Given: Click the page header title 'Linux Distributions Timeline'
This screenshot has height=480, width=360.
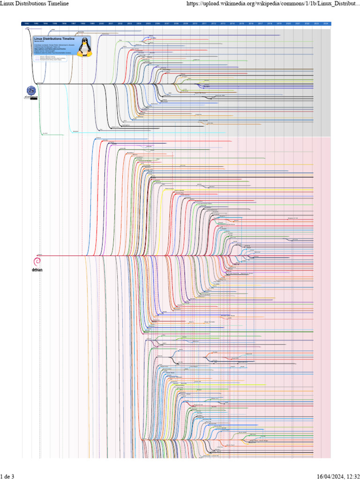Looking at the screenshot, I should (x=35, y=3).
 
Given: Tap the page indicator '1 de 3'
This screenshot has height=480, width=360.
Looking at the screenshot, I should (x=7, y=477).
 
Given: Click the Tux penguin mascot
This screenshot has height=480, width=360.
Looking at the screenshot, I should (x=84, y=47).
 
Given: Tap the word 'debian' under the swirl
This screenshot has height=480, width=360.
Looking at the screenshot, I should (x=37, y=270).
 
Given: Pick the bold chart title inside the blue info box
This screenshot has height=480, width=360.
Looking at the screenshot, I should (x=52, y=38).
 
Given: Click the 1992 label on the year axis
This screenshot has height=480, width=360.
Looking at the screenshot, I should (x=27, y=23).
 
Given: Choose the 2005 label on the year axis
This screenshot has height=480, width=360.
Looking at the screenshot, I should (x=148, y=23).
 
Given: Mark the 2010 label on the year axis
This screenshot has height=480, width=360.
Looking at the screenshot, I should (x=195, y=23).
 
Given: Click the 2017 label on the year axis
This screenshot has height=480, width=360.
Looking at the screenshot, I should (x=260, y=23).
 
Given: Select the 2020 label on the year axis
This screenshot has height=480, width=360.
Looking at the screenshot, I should (x=288, y=23).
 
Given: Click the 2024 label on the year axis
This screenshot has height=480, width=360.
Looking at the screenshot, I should (x=326, y=23).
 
